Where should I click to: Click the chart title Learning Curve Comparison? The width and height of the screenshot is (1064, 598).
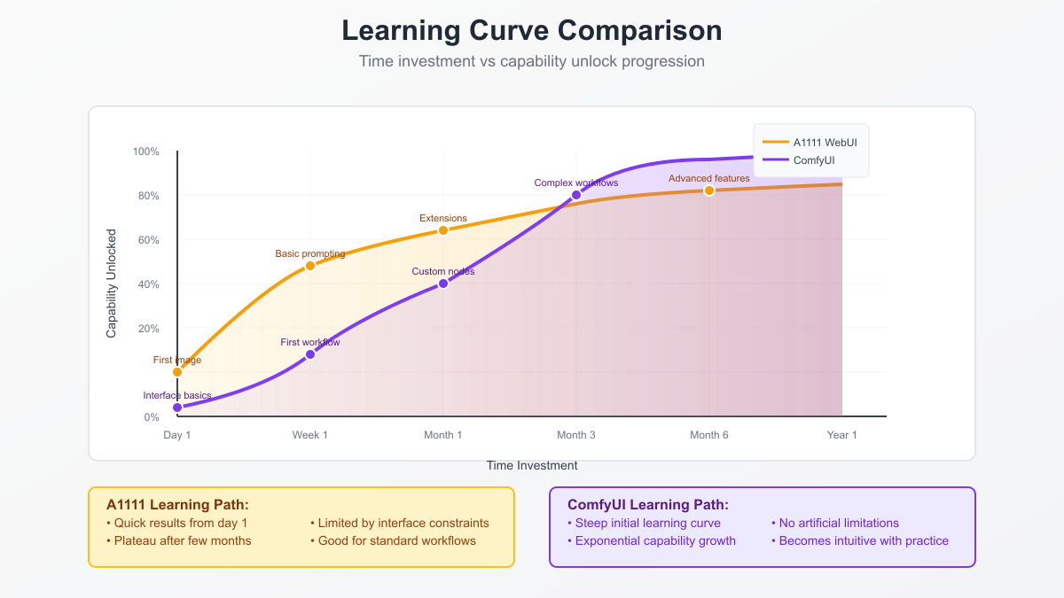pyautogui.click(x=532, y=30)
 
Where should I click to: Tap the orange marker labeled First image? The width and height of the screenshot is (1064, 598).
pyautogui.click(x=177, y=372)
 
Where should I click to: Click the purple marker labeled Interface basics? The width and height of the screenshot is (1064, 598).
pyautogui.click(x=177, y=408)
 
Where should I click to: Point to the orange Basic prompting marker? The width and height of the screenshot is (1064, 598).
pyautogui.click(x=310, y=266)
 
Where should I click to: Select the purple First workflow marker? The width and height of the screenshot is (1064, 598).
pyautogui.click(x=310, y=354)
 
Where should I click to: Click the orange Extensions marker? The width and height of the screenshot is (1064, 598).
pyautogui.click(x=443, y=230)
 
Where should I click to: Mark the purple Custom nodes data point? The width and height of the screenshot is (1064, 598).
pyautogui.click(x=443, y=283)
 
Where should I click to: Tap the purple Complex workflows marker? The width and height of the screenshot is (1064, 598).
pyautogui.click(x=576, y=195)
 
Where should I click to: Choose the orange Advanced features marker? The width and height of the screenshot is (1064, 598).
pyautogui.click(x=709, y=190)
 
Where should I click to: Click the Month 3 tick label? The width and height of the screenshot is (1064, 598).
pyautogui.click(x=576, y=435)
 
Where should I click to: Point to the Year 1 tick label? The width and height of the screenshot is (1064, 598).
pyautogui.click(x=842, y=435)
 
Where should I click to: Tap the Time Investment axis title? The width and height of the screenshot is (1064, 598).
pyautogui.click(x=532, y=465)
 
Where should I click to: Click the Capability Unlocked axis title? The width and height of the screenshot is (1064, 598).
pyautogui.click(x=112, y=283)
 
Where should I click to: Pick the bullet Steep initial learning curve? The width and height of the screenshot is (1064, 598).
pyautogui.click(x=647, y=523)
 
